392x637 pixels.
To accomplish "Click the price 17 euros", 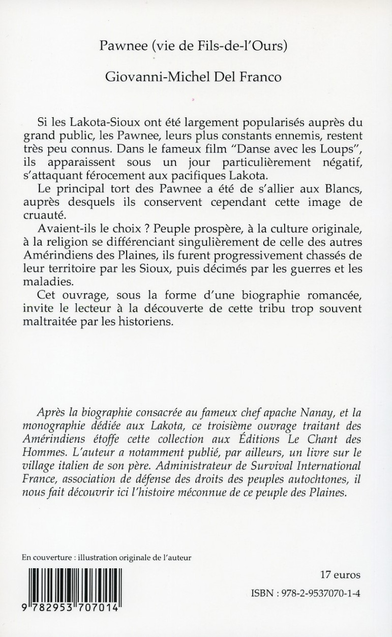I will click(341, 575).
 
